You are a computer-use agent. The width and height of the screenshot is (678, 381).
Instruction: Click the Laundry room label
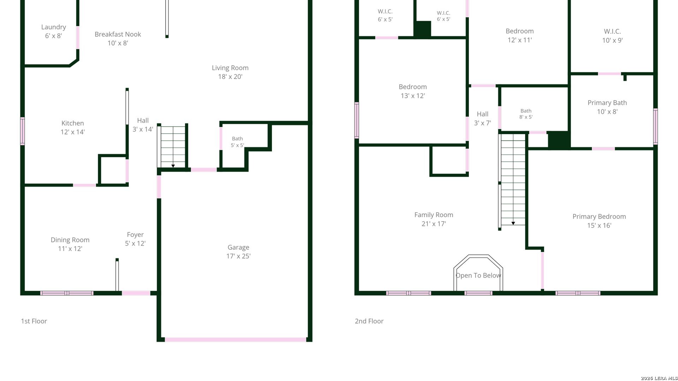tap(53, 27)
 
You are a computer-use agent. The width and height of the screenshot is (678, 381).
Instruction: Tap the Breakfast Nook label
tap(118, 34)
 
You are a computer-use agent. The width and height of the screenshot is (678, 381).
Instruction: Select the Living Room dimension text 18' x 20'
tap(230, 77)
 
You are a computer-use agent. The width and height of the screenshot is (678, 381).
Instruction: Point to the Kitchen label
tap(72, 123)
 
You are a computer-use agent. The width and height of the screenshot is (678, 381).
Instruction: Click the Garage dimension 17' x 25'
tap(238, 256)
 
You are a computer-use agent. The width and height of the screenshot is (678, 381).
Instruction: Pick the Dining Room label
tap(70, 240)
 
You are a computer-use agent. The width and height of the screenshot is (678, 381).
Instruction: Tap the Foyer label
tap(135, 235)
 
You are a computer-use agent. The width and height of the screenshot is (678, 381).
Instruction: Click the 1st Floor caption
tap(34, 321)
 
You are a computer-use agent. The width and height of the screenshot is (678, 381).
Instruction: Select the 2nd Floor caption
tap(369, 321)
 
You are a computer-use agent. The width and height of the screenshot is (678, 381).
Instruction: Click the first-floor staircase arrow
tap(173, 166)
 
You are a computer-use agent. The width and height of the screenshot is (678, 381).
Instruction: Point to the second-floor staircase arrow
tap(513, 223)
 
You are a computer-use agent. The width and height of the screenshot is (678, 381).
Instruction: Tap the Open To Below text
tap(478, 276)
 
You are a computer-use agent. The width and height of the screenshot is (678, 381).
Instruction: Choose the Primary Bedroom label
tap(599, 217)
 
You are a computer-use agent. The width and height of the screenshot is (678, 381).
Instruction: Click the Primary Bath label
tap(607, 103)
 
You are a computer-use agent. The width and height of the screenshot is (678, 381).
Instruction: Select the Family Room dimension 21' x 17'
tap(434, 224)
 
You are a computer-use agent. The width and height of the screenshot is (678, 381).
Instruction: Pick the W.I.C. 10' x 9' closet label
tap(612, 36)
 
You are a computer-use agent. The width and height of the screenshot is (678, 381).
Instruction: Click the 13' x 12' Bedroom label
tap(412, 91)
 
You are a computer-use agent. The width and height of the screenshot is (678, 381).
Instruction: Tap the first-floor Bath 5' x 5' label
tap(237, 142)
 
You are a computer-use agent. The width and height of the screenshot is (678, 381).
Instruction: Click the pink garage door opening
tap(236, 340)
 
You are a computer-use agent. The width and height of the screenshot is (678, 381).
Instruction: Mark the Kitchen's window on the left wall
tap(23, 131)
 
